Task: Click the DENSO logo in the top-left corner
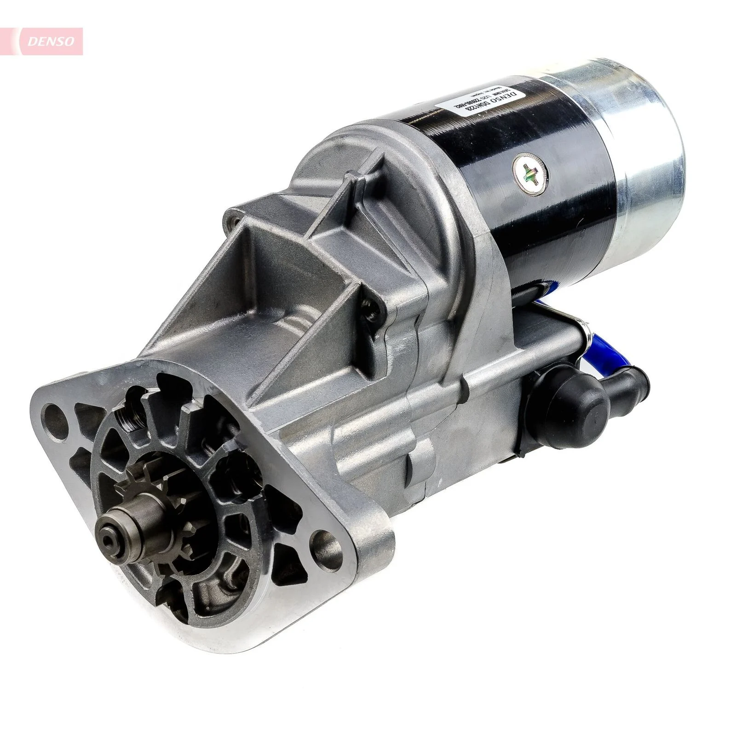point(51,41)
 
